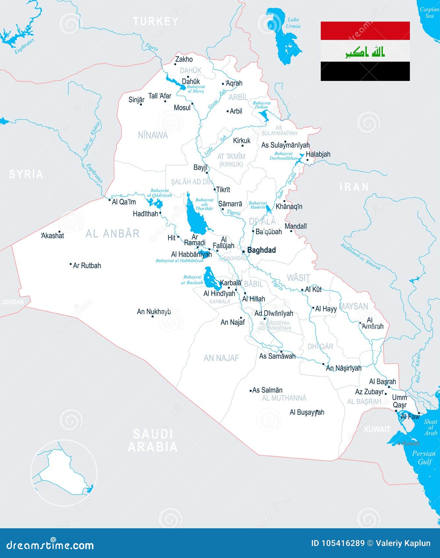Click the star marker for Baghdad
[x=243, y=252]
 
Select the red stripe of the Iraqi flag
[x=365, y=31]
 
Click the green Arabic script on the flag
[x=365, y=52]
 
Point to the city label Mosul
[x=182, y=108]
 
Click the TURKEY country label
[x=156, y=21]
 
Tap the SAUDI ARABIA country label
[x=153, y=440]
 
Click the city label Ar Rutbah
[x=87, y=265]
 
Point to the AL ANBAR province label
[x=113, y=233]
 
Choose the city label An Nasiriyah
[x=344, y=368]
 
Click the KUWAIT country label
[x=377, y=429]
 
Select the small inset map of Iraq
[x=64, y=472]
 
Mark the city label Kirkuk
[x=242, y=141]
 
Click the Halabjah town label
[x=318, y=154]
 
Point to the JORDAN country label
[x=13, y=302]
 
